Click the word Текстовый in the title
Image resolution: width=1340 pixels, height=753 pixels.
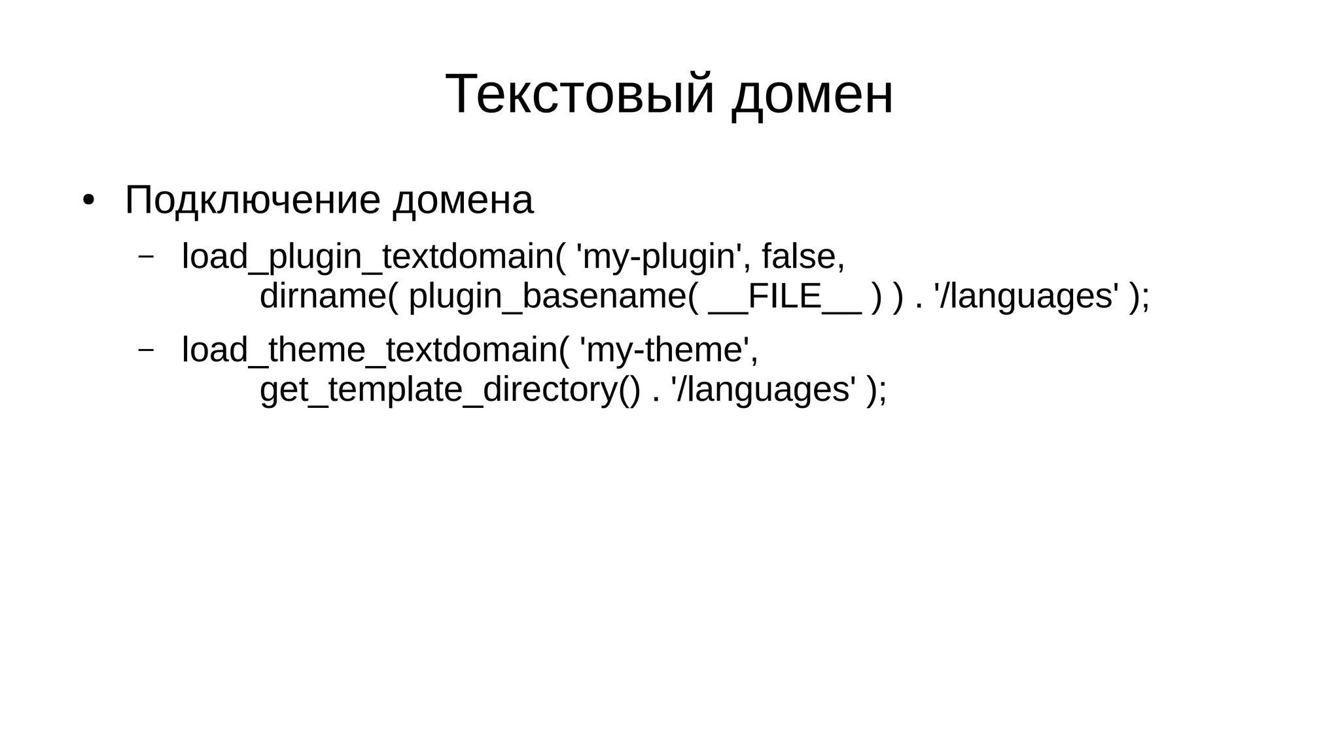tap(579, 94)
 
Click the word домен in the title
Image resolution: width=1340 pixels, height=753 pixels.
tap(812, 94)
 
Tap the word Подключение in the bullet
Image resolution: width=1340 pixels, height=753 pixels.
tap(252, 200)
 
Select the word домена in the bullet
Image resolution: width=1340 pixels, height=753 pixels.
tap(463, 200)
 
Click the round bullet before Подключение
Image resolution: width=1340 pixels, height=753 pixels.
tap(88, 200)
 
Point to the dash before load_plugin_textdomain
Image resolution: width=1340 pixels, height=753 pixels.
tap(146, 255)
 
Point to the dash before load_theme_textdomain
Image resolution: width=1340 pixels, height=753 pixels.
tap(146, 349)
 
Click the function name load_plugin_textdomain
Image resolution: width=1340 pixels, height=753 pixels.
tap(368, 256)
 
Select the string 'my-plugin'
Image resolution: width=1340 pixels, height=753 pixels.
tap(658, 256)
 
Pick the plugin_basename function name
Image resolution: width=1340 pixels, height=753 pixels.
tap(547, 296)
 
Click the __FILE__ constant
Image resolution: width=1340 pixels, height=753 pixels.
tap(785, 296)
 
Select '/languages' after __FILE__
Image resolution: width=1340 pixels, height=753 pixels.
tap(1026, 296)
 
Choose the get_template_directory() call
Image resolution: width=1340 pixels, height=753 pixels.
tap(450, 390)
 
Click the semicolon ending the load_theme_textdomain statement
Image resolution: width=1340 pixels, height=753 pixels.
tap(883, 391)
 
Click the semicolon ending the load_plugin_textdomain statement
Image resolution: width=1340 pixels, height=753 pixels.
tap(1145, 297)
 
